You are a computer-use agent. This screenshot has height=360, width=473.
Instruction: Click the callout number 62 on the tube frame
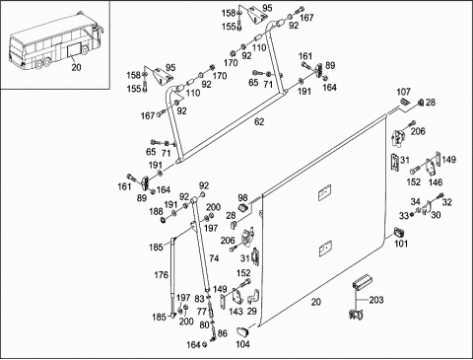[259, 122]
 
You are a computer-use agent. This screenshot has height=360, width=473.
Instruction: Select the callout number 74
[214, 258]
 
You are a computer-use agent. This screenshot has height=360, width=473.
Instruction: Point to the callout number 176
[162, 274]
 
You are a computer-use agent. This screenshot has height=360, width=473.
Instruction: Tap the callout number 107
[403, 92]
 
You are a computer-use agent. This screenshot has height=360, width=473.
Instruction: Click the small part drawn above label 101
[399, 232]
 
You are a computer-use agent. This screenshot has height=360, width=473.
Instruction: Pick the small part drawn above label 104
[243, 331]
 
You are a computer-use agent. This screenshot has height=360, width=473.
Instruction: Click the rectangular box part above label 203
[363, 282]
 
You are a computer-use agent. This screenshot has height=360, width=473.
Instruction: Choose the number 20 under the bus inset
[76, 67]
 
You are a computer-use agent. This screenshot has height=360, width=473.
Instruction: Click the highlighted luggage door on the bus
[74, 50]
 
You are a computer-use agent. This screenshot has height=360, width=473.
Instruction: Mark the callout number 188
[156, 211]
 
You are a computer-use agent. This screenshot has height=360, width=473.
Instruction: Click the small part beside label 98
[243, 208]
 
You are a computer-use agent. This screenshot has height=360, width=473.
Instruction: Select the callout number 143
[236, 311]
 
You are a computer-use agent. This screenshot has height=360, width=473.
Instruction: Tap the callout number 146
[436, 181]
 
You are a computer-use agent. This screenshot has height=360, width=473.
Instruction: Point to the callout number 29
[252, 311]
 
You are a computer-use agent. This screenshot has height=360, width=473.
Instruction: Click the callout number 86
[223, 333]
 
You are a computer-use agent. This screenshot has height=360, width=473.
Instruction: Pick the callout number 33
[404, 216]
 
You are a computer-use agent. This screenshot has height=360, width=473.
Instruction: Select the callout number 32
[447, 202]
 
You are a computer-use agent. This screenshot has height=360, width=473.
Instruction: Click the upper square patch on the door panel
[324, 193]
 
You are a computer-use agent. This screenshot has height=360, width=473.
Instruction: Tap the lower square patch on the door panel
[325, 249]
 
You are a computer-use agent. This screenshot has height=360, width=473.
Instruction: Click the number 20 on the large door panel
[316, 302]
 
